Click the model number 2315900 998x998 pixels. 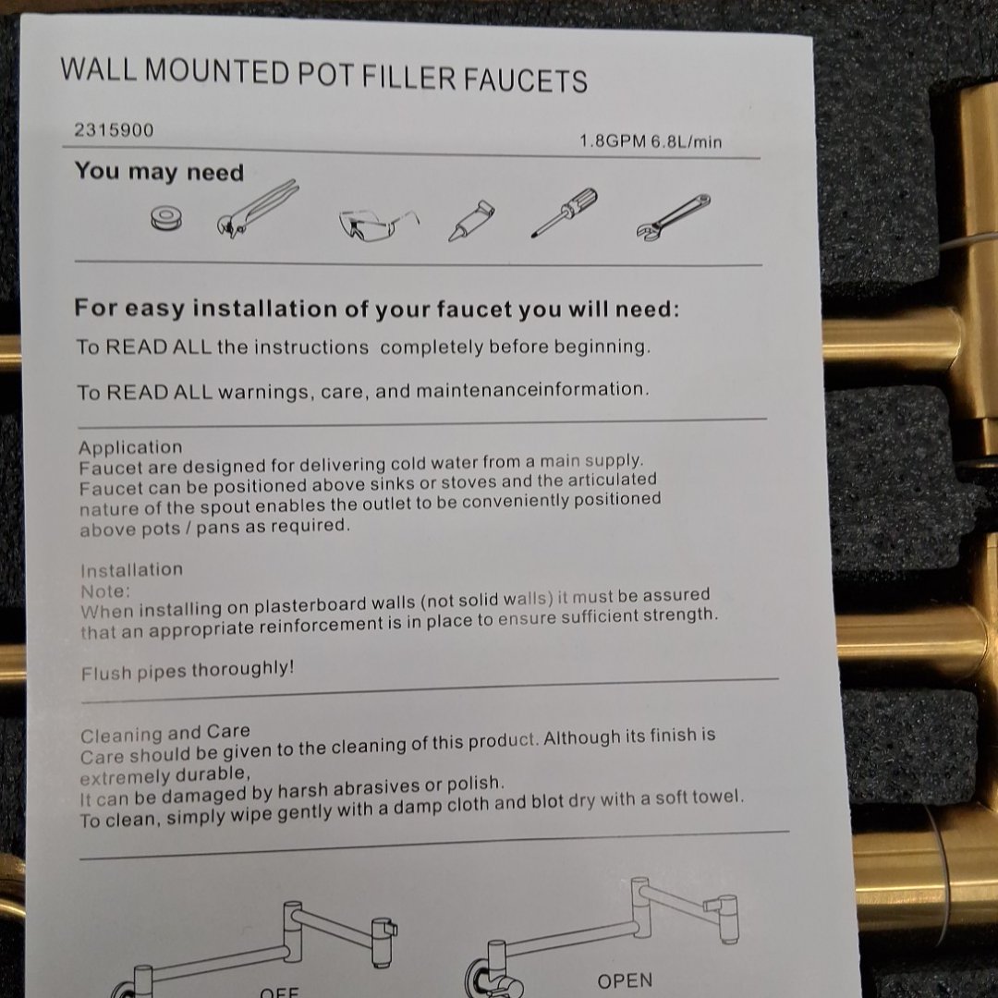pyautogui.click(x=114, y=130)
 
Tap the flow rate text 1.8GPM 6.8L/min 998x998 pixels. pyautogui.click(x=651, y=141)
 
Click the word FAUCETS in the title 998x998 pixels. pyautogui.click(x=525, y=79)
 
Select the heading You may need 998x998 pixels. pyautogui.click(x=159, y=172)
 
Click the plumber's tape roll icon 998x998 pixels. pyautogui.click(x=166, y=219)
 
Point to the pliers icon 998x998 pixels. pyautogui.click(x=257, y=209)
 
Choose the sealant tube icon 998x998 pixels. pyautogui.click(x=471, y=220)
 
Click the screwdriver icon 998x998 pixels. pyautogui.click(x=564, y=212)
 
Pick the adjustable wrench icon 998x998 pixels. pyautogui.click(x=673, y=217)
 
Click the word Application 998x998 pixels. pyautogui.click(x=130, y=447)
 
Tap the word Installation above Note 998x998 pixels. pyautogui.click(x=132, y=569)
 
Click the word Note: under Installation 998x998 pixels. pyautogui.click(x=105, y=591)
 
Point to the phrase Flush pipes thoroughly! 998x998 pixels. pyautogui.click(x=188, y=671)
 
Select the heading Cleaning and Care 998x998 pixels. pyautogui.click(x=164, y=733)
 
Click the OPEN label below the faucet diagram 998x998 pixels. pyautogui.click(x=625, y=980)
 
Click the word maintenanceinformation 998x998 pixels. pyautogui.click(x=530, y=390)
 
